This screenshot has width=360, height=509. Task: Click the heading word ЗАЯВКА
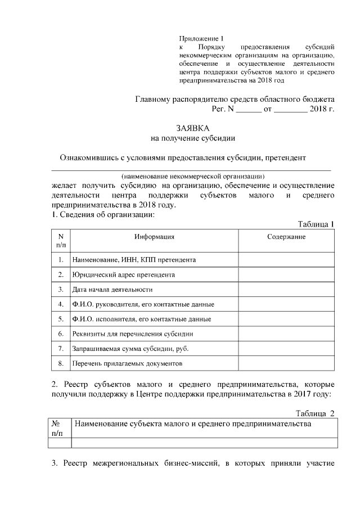pyautogui.click(x=193, y=129)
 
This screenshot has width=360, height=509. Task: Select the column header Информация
pyautogui.click(x=154, y=237)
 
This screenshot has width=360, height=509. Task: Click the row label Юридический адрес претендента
pyautogui.click(x=123, y=274)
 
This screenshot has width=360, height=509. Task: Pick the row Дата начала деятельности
pyautogui.click(x=112, y=289)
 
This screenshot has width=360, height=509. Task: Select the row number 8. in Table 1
pyautogui.click(x=60, y=363)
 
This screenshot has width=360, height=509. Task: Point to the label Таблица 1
pyautogui.click(x=316, y=224)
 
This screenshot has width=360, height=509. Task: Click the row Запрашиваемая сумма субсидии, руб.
pyautogui.click(x=130, y=349)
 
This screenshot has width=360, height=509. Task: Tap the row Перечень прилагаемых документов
pyautogui.click(x=127, y=364)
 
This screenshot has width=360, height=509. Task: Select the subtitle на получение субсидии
pyautogui.click(x=193, y=138)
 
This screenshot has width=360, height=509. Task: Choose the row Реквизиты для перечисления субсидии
pyautogui.click(x=129, y=334)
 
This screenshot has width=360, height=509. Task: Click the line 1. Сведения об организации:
pyautogui.click(x=103, y=214)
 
